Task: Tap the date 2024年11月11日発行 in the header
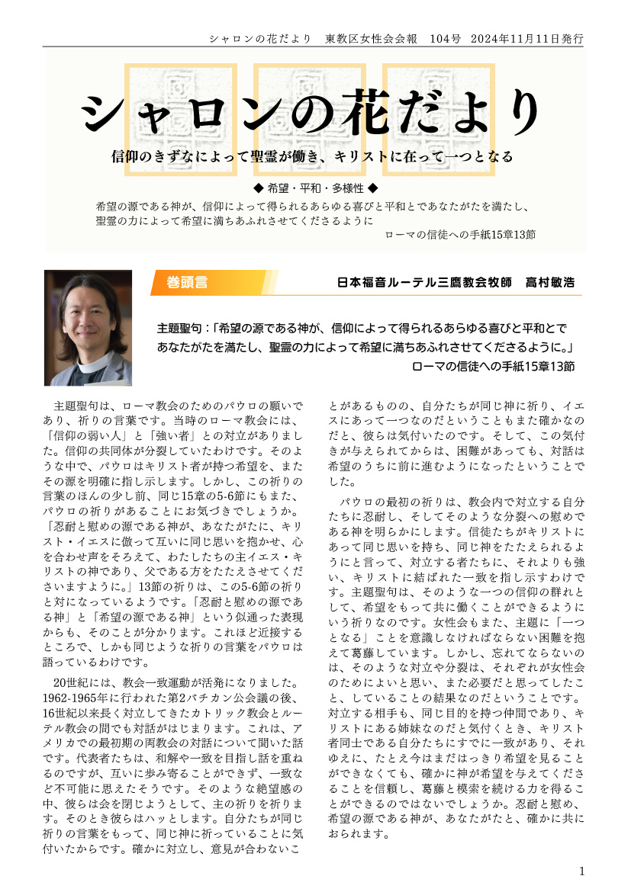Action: pyautogui.click(x=527, y=37)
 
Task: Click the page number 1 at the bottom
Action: pyautogui.click(x=583, y=871)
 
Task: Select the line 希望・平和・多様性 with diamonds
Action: pyautogui.click(x=315, y=188)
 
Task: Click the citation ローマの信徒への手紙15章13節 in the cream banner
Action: pyautogui.click(x=461, y=235)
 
